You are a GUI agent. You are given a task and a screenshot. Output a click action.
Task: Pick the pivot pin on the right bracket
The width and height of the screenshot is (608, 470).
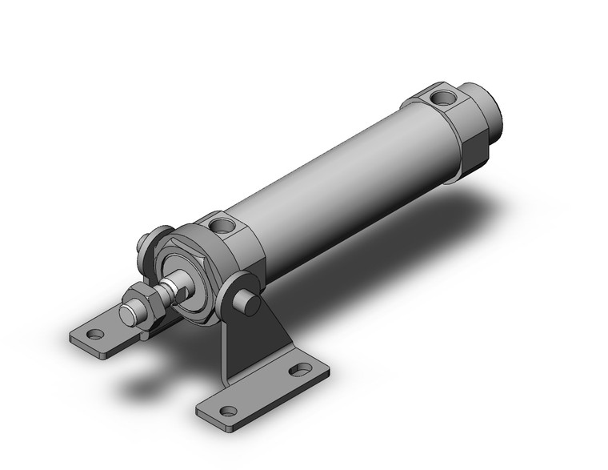pyautogui.click(x=250, y=303)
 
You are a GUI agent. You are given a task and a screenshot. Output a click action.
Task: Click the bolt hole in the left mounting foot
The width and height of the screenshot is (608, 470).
pyautogui.click(x=95, y=335)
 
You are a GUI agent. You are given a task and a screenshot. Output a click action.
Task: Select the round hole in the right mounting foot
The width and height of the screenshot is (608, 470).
pyautogui.click(x=229, y=411)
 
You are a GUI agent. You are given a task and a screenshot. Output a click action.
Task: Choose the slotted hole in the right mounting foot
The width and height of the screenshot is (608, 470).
pyautogui.click(x=301, y=370)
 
